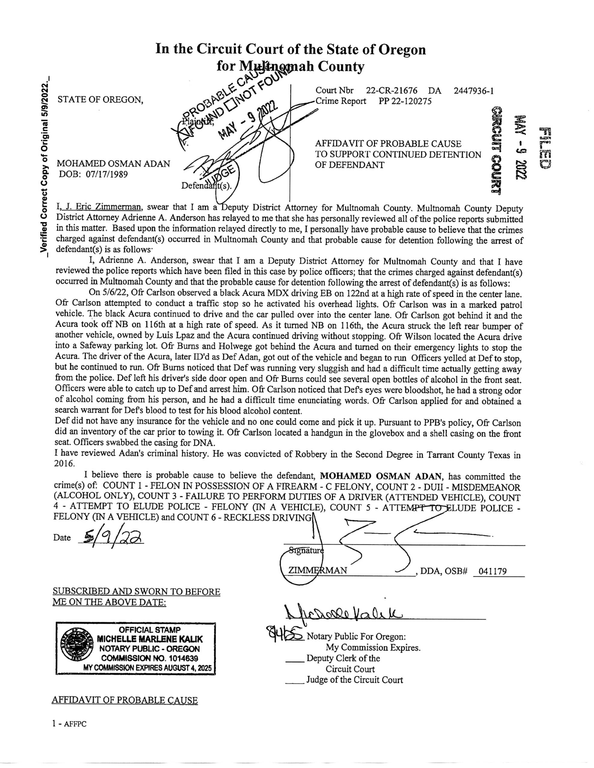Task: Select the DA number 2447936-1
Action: click(x=474, y=91)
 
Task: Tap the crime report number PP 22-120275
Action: click(x=405, y=101)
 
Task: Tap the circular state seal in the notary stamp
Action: click(x=77, y=648)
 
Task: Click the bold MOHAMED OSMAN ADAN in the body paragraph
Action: click(x=379, y=476)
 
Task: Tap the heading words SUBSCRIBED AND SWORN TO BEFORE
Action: click(x=136, y=592)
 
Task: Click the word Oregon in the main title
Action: click(x=402, y=49)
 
